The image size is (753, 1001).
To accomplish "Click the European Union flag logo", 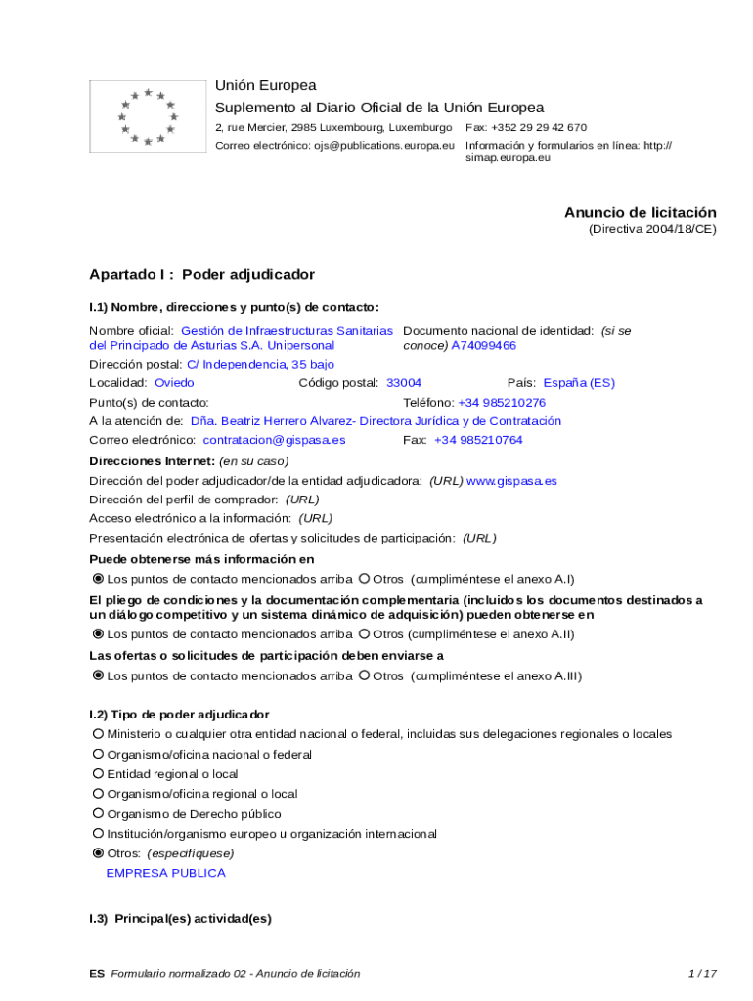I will pyautogui.click(x=148, y=116).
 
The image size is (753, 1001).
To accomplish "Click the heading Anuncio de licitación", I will pyautogui.click(x=640, y=212).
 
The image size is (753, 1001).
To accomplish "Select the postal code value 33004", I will pyautogui.click(x=404, y=383).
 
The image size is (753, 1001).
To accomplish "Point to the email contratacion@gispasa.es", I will pyautogui.click(x=274, y=440).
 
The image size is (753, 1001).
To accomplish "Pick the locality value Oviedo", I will pyautogui.click(x=174, y=383).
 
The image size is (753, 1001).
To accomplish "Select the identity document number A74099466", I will pyautogui.click(x=483, y=346).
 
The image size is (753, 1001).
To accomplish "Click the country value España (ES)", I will pyautogui.click(x=579, y=383).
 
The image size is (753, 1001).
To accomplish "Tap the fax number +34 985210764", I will pyautogui.click(x=478, y=440).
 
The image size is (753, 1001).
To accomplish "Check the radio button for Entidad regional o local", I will pyautogui.click(x=98, y=774).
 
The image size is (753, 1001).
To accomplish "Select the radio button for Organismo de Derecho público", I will pyautogui.click(x=98, y=814).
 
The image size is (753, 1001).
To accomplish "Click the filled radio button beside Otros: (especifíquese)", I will pyautogui.click(x=98, y=853).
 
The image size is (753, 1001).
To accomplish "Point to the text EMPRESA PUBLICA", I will pyautogui.click(x=165, y=873).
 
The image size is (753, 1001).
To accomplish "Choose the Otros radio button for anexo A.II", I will pyautogui.click(x=364, y=634).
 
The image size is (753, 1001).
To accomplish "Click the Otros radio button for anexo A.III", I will pyautogui.click(x=364, y=675).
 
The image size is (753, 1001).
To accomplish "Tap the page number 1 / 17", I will pyautogui.click(x=702, y=973).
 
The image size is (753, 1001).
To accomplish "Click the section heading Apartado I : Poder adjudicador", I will pyautogui.click(x=201, y=275).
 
